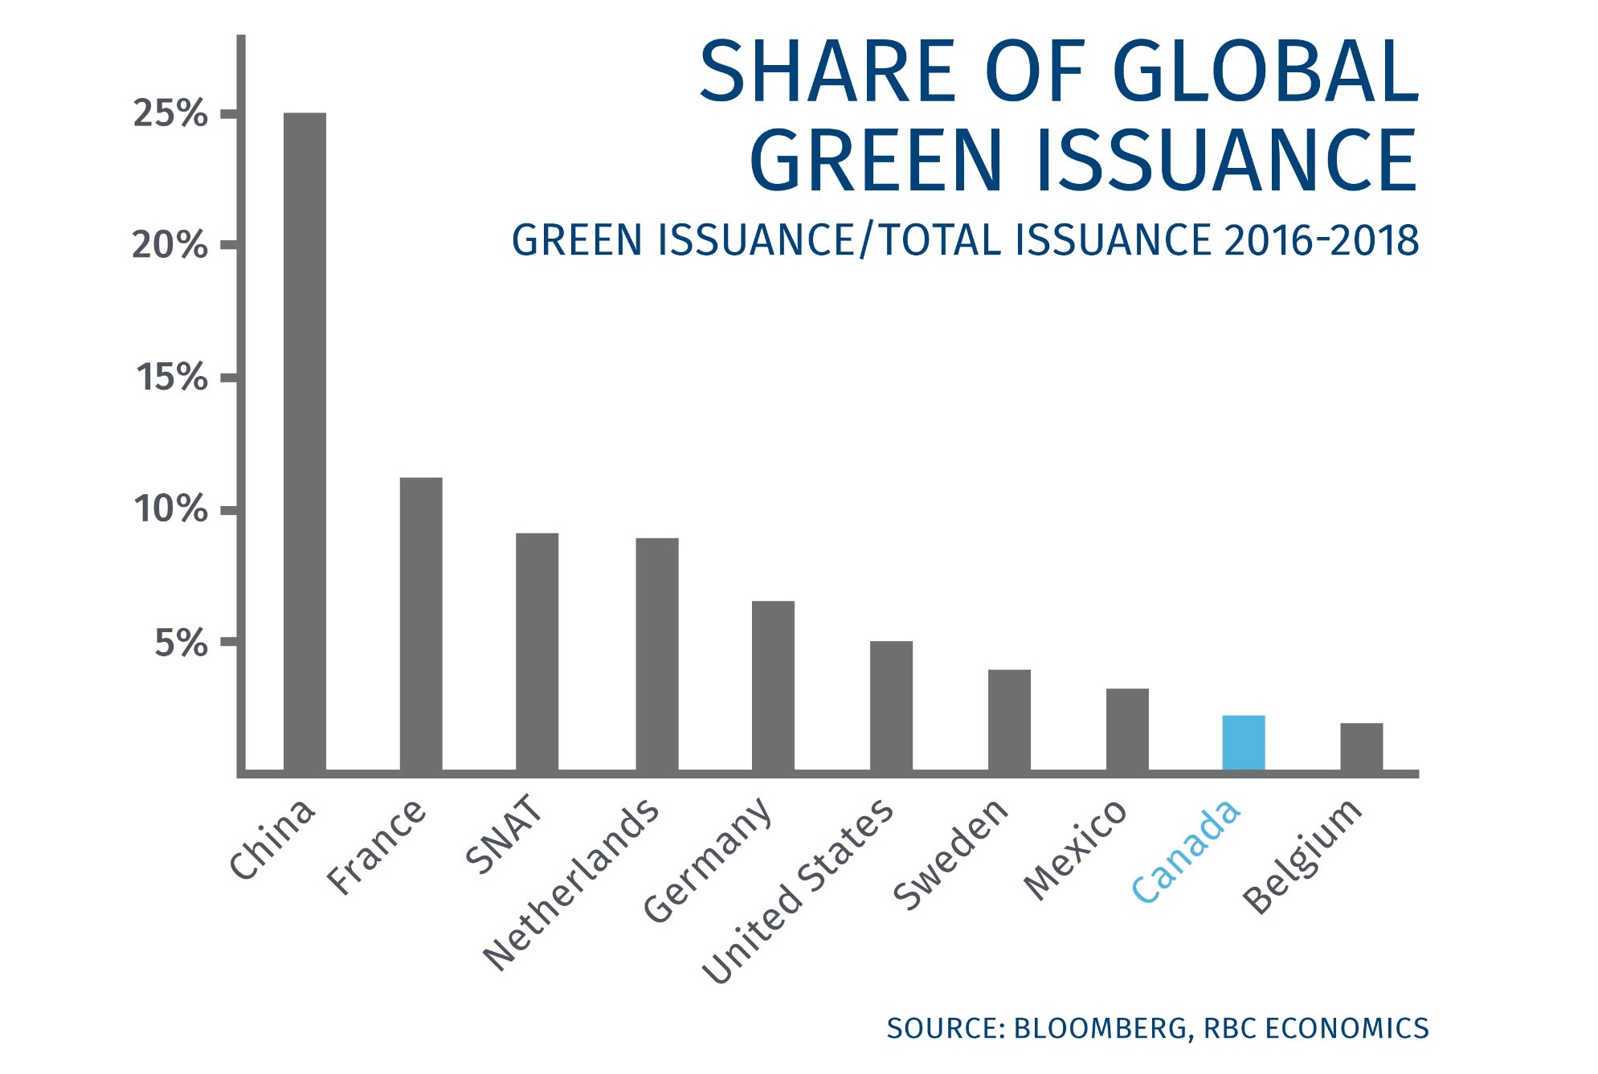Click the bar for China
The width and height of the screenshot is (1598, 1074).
click(304, 442)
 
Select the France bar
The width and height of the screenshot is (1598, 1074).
click(421, 624)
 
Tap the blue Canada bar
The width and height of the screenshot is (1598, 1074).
click(1243, 743)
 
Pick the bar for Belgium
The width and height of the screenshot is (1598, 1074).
click(1361, 747)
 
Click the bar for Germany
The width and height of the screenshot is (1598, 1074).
click(773, 686)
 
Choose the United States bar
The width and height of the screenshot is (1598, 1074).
click(891, 706)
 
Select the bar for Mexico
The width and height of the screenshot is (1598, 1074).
click(1126, 729)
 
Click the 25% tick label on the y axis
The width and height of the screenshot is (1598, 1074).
click(170, 114)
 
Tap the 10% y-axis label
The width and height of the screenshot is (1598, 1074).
click(170, 509)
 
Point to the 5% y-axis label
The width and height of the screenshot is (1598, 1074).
click(181, 643)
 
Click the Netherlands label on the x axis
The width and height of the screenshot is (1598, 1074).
click(571, 884)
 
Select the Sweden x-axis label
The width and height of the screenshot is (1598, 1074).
click(950, 855)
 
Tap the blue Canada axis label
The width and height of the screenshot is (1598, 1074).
click(1186, 851)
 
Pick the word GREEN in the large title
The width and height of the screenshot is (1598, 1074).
click(877, 161)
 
